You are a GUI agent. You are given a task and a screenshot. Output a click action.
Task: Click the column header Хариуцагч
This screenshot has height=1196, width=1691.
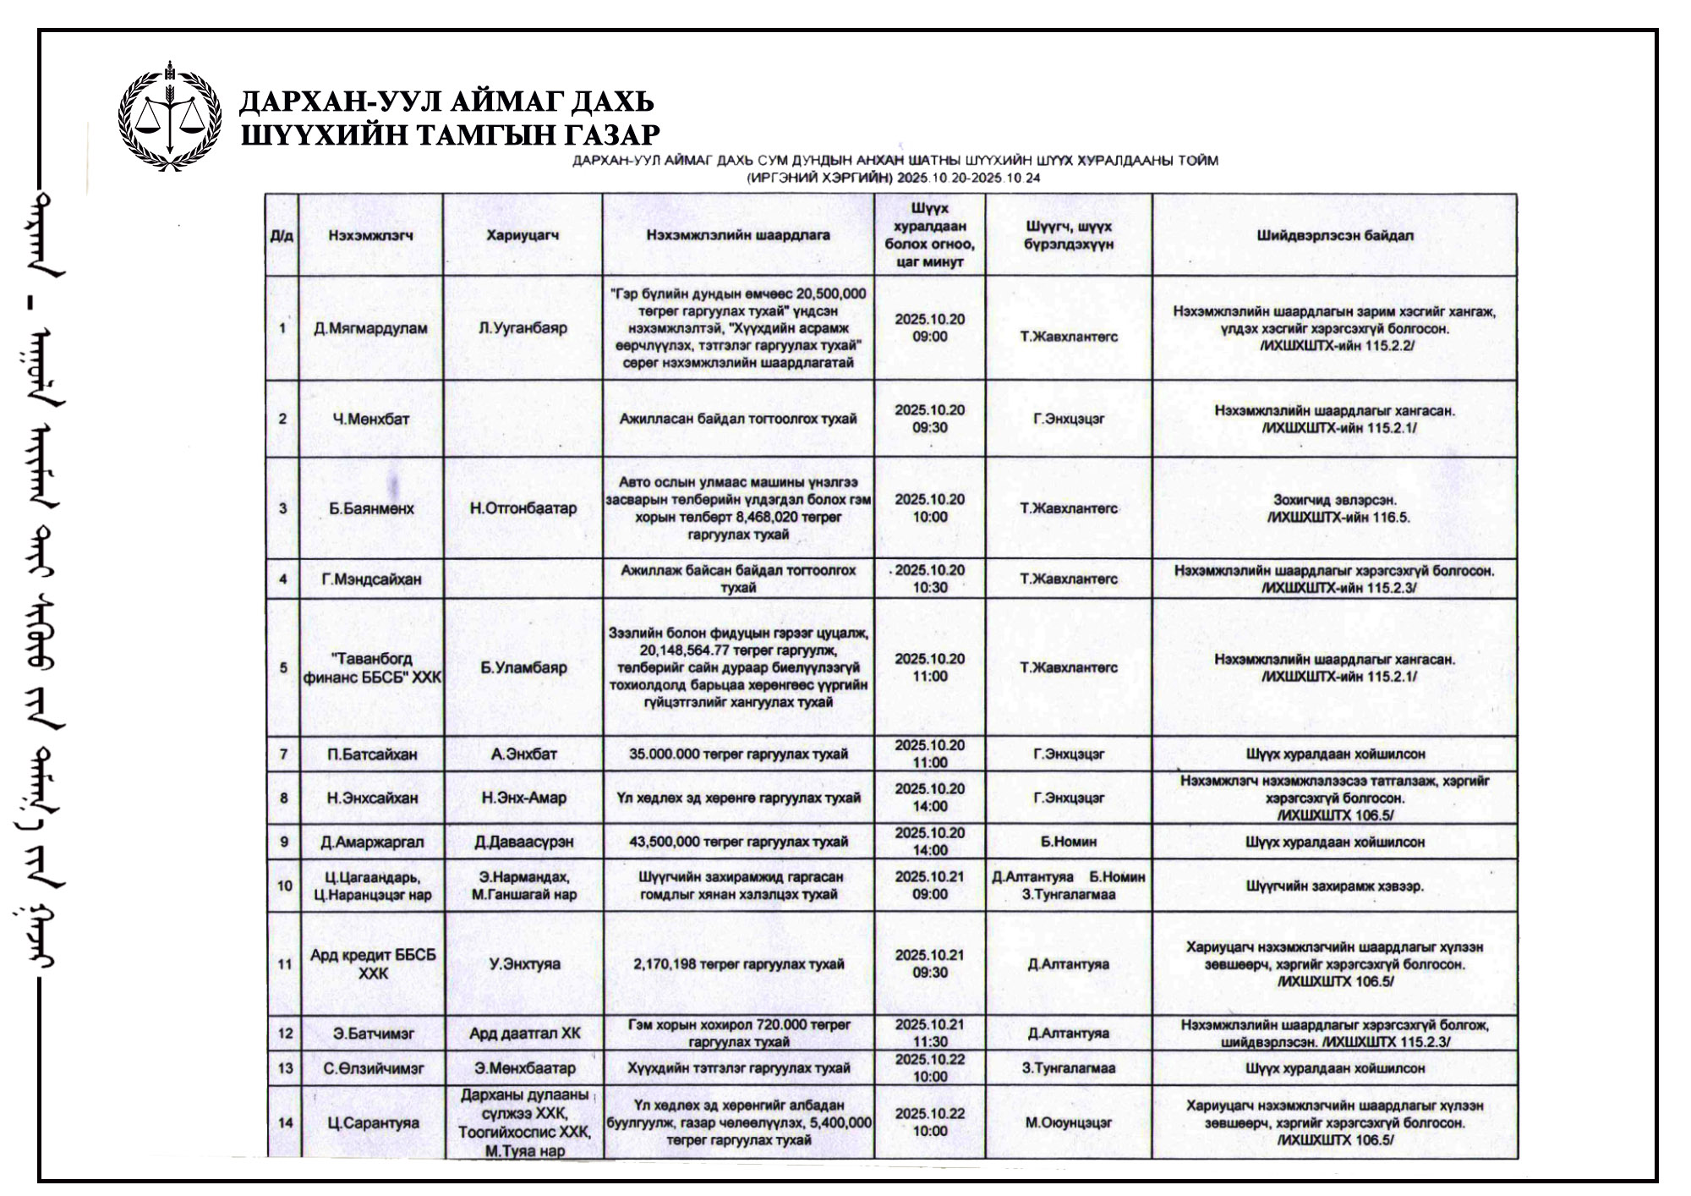click(x=523, y=236)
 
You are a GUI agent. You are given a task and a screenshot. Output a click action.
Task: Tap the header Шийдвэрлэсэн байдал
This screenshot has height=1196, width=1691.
click(x=1334, y=236)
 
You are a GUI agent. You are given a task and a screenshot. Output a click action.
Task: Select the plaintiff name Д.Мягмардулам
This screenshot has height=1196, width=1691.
click(x=370, y=328)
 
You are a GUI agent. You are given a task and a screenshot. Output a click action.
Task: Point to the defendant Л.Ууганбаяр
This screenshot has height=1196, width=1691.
click(x=523, y=328)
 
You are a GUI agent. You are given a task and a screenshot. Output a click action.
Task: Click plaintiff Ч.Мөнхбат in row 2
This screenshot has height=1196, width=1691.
click(x=370, y=419)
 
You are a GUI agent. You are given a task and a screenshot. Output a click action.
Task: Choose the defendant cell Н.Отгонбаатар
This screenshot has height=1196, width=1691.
click(x=523, y=508)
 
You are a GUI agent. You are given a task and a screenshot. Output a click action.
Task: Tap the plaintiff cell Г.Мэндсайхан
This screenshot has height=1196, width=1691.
click(x=370, y=579)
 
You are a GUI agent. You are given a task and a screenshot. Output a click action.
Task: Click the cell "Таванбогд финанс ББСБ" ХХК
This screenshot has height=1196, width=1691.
click(x=370, y=667)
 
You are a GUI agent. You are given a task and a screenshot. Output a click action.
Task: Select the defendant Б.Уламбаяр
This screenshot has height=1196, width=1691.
click(x=523, y=667)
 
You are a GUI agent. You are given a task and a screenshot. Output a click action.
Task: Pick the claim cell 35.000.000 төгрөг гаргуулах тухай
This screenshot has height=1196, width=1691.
click(x=738, y=754)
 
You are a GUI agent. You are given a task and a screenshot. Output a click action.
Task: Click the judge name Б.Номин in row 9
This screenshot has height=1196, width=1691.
click(x=1069, y=842)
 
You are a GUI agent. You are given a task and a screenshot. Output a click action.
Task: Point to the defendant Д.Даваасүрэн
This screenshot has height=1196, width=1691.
click(x=523, y=842)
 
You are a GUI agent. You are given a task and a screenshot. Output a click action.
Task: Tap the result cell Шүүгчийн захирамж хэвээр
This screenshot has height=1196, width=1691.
click(x=1334, y=886)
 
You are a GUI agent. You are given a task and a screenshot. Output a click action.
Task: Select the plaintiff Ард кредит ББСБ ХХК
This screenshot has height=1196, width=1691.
click(x=372, y=963)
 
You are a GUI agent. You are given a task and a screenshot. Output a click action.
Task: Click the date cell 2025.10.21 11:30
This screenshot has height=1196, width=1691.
click(x=929, y=1033)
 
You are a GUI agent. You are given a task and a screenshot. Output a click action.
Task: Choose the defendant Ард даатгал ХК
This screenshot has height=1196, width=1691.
click(x=523, y=1033)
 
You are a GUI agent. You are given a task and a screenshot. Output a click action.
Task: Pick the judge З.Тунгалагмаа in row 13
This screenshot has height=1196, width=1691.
click(x=1069, y=1068)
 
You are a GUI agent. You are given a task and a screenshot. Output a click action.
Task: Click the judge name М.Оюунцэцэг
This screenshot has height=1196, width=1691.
click(x=1069, y=1123)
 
